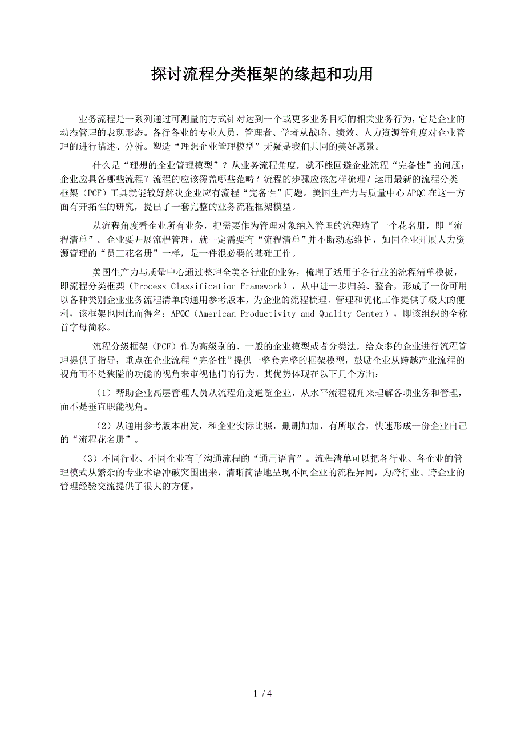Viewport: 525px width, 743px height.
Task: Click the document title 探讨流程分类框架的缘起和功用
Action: tap(262, 74)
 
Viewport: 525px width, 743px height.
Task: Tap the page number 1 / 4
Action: tap(262, 694)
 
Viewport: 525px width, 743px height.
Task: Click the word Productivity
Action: tap(268, 314)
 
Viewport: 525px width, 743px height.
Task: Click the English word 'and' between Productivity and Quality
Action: tap(307, 314)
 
